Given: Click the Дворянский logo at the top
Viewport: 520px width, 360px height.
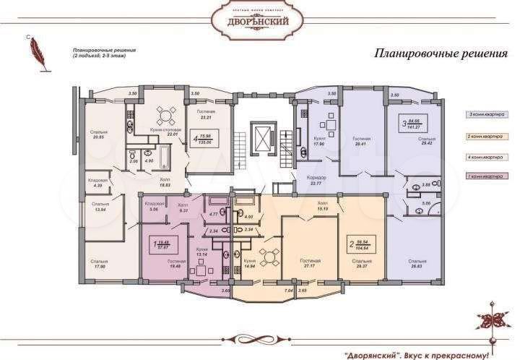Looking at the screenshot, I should click(x=259, y=20).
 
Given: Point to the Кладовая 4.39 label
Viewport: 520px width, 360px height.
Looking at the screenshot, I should click(x=98, y=184).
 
